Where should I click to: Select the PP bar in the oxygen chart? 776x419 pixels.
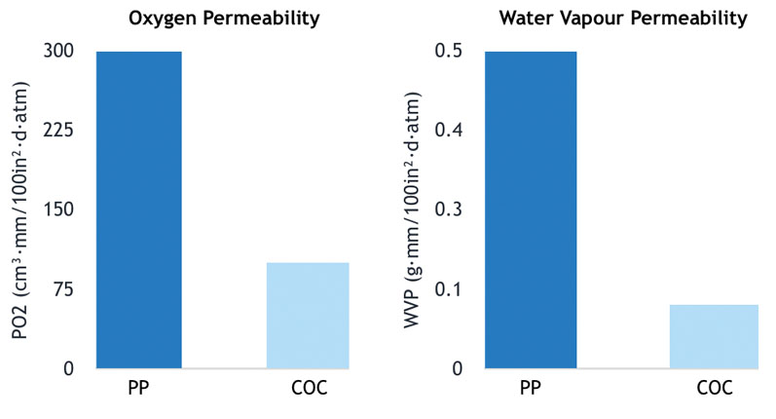click(x=138, y=209)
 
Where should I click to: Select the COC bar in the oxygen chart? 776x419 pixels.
click(x=307, y=315)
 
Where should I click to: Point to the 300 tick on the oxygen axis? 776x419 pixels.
click(x=57, y=51)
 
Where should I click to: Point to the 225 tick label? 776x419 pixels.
click(x=57, y=131)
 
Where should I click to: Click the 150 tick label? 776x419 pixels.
click(x=57, y=209)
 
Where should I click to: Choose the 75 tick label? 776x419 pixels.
click(x=62, y=289)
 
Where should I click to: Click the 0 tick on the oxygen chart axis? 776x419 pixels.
click(x=67, y=368)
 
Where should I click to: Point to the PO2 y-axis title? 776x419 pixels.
click(x=19, y=209)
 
